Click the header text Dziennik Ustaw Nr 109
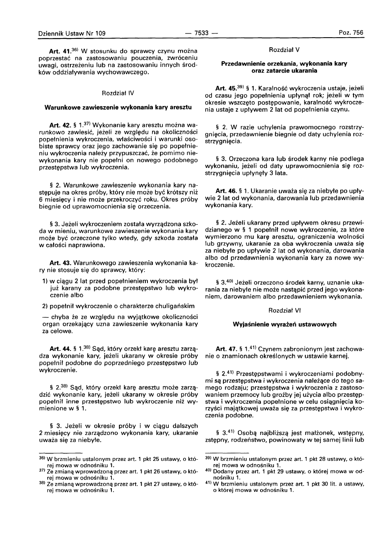72,33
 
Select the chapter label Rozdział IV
118,93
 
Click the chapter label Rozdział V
284,49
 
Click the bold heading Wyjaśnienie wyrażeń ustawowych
284,325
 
